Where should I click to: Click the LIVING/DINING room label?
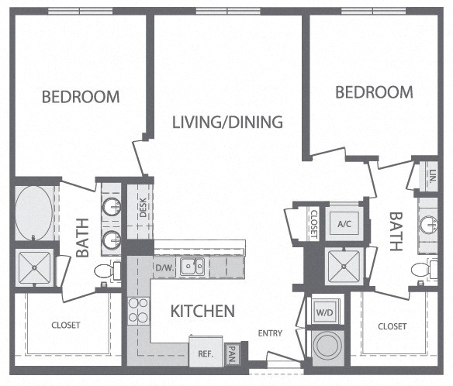tap(227, 122)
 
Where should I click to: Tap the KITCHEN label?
tap(202, 311)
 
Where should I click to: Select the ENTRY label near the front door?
tap(270, 333)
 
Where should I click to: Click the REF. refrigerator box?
tap(206, 351)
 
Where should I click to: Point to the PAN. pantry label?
tap(232, 354)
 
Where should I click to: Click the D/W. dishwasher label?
tap(165, 267)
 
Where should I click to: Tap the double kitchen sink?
tap(192, 266)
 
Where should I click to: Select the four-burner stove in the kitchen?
tap(138, 311)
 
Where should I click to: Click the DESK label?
tap(143, 208)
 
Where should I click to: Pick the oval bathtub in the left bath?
tap(34, 213)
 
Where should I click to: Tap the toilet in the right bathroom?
tap(424, 268)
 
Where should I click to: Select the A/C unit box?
tap(344, 224)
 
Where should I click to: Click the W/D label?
tap(324, 312)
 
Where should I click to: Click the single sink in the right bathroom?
tap(428, 225)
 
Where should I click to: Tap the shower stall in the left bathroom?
tap(34, 267)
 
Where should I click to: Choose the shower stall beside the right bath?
tap(344, 266)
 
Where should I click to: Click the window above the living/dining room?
tap(228, 12)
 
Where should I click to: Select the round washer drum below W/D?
tap(328, 346)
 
